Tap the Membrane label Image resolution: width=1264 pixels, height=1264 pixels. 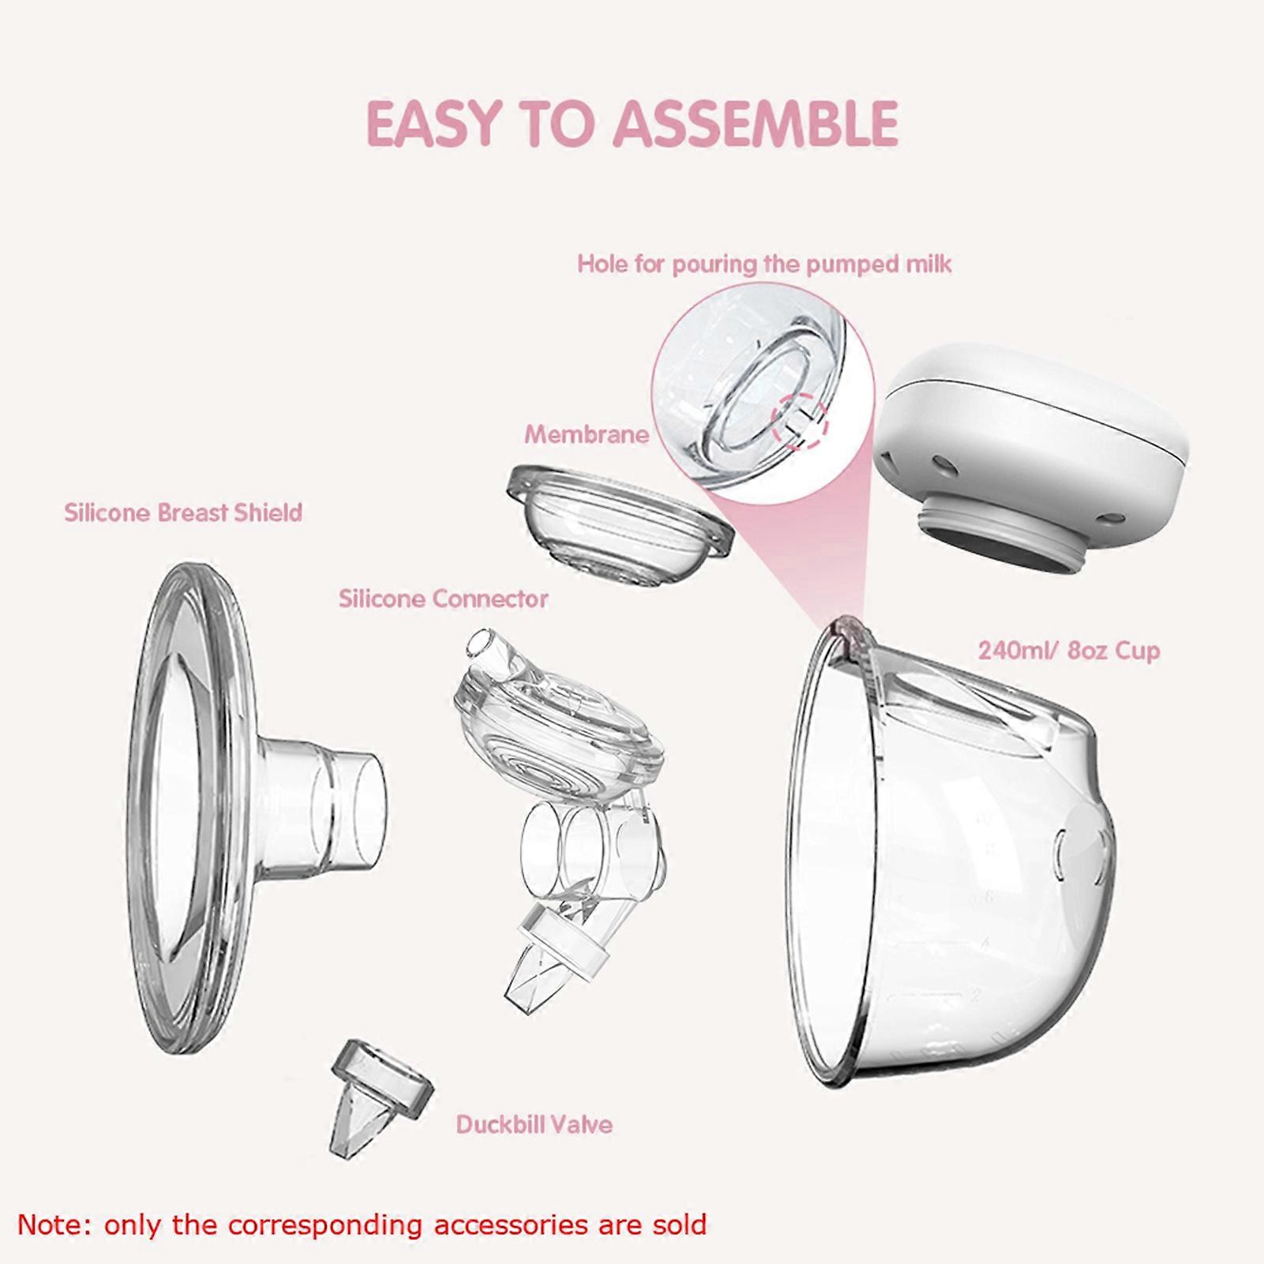(x=587, y=434)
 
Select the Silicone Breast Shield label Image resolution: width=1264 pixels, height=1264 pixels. (x=183, y=513)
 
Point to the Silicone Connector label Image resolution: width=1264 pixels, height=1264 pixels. (x=443, y=599)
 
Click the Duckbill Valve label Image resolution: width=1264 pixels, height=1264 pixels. (x=534, y=1124)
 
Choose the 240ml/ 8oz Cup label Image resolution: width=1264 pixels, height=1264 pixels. (x=1068, y=651)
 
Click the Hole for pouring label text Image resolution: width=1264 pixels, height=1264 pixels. (x=763, y=264)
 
